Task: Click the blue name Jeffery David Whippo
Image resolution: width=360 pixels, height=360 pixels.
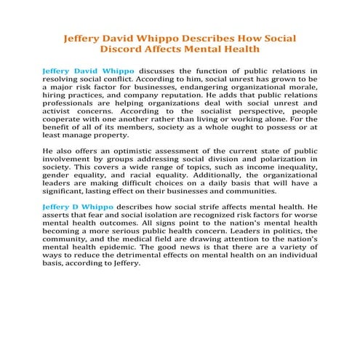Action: point(88,71)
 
